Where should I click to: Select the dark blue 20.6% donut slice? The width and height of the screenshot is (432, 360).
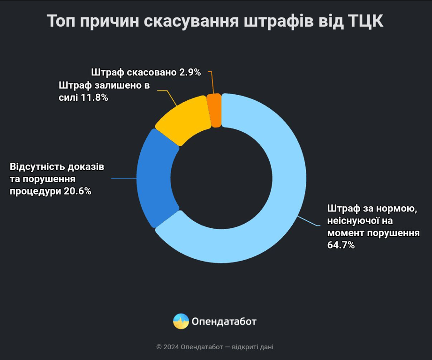point(157,178)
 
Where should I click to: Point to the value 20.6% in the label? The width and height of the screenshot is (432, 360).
point(77,191)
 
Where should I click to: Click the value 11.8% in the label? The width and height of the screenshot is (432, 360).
point(94,98)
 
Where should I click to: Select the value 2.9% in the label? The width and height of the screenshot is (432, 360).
point(190,72)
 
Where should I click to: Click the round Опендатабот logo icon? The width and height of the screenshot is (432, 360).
point(181,321)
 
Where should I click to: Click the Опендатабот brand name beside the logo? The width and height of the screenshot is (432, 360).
point(224,322)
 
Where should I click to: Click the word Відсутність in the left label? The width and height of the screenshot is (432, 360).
point(38,167)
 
